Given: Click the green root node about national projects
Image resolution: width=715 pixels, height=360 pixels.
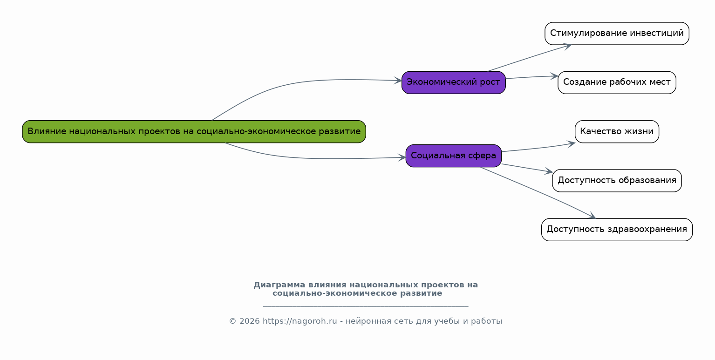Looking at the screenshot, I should point(194,132).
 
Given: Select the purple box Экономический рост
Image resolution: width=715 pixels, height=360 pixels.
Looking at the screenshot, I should point(453,82).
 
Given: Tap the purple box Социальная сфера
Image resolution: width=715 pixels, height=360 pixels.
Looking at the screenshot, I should point(453,156).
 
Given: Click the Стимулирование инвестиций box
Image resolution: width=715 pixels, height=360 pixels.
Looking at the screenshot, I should point(617,34).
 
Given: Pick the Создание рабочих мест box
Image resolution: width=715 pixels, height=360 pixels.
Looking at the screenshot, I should point(617,82).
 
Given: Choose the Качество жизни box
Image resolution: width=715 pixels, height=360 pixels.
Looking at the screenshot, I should point(617,132).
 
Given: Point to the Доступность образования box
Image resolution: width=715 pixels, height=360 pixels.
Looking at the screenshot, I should point(617,181).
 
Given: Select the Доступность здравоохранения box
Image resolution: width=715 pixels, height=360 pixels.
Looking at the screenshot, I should point(617,230).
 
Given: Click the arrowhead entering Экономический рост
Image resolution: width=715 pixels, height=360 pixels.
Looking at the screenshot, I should point(398,81).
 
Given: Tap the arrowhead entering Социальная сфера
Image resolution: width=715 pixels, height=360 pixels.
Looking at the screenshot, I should point(402,157).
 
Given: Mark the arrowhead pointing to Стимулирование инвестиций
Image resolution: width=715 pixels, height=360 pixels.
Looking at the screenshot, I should point(567,45).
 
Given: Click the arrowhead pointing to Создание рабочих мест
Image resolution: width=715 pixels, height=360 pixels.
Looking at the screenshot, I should point(554,76).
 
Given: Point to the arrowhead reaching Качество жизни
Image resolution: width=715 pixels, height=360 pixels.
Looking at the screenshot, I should point(572,143).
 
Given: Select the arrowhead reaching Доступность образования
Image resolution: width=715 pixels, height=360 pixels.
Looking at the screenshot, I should point(549,172).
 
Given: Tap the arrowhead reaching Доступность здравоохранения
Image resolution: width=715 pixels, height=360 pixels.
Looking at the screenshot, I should point(592,216).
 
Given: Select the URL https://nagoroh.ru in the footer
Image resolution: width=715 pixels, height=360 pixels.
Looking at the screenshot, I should point(300,321).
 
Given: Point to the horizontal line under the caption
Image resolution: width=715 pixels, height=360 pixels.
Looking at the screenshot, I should point(366,306).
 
